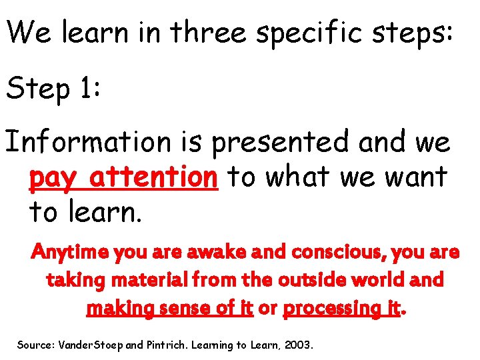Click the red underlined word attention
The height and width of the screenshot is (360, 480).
[x=154, y=177]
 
